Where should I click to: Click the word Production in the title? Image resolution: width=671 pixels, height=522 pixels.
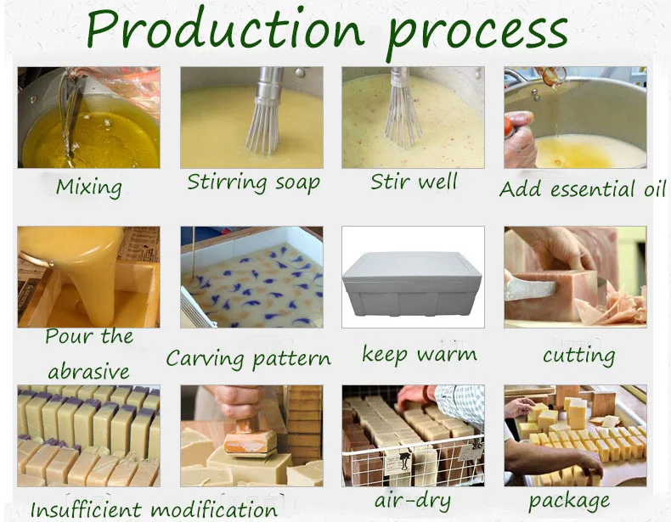point(225,28)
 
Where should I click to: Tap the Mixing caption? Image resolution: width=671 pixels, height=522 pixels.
point(89,188)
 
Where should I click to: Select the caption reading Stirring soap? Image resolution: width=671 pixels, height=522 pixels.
point(253,182)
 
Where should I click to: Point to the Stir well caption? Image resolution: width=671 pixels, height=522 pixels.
point(414,182)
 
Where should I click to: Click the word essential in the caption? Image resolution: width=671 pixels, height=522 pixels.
point(592,189)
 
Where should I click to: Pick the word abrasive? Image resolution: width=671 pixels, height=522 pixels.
point(88,371)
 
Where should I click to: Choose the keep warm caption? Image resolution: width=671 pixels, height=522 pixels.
point(420,355)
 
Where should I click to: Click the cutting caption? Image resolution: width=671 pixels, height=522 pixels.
point(579,356)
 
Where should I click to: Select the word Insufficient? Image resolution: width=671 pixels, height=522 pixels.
point(86,508)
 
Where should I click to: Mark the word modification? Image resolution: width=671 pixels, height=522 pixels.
point(214,508)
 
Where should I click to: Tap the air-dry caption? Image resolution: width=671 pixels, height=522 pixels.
point(413,501)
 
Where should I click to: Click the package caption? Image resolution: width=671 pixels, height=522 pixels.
point(569,501)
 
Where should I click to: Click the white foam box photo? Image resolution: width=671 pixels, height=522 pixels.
point(413,282)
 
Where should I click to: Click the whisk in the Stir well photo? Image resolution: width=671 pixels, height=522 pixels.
point(402,107)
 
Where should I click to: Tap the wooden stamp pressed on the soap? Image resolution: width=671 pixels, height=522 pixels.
point(250,436)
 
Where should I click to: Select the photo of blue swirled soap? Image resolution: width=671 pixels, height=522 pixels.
point(251,277)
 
